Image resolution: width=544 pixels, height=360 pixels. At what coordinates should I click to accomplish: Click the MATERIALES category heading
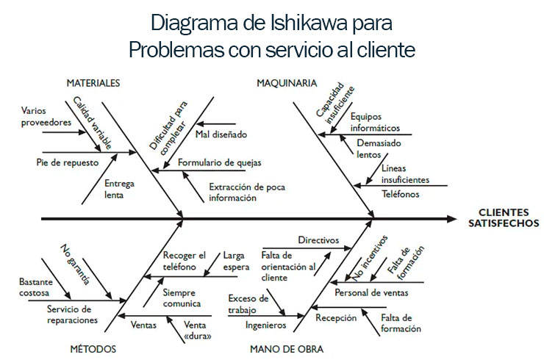[x=93, y=83]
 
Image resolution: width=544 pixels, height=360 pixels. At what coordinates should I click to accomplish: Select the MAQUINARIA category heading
[x=287, y=83]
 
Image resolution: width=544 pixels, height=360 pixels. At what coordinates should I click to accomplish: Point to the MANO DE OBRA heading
[x=287, y=349]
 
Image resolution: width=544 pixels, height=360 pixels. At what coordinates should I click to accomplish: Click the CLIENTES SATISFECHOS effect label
[x=498, y=218]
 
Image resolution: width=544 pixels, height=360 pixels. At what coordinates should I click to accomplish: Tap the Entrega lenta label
[x=119, y=189]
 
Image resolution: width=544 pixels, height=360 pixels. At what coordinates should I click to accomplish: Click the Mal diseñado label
[x=221, y=134]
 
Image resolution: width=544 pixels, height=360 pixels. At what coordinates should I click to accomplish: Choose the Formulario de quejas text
[x=219, y=162]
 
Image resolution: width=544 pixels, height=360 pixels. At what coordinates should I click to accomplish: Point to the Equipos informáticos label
[x=375, y=122]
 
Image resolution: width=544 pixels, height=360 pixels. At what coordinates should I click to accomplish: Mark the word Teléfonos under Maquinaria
[x=401, y=194]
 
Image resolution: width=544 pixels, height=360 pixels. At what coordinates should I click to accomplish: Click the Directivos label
[x=318, y=240]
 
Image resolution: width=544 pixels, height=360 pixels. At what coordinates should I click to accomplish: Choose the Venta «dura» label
[x=199, y=330]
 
